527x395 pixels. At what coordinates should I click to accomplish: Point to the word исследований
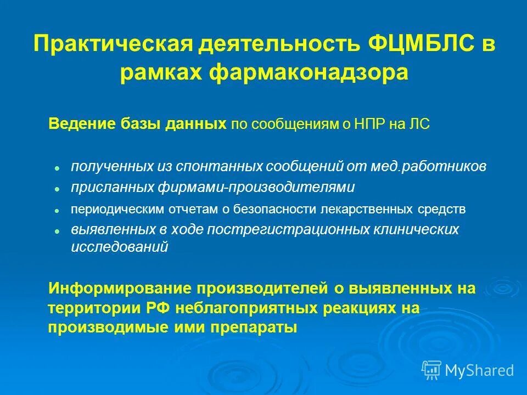pos(119,247)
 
